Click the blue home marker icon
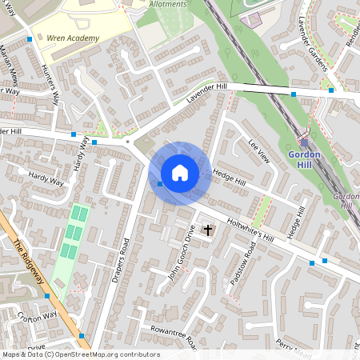(180, 173)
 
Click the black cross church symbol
(209, 230)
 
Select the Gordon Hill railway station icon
(305, 142)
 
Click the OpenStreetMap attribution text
(80, 354)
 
